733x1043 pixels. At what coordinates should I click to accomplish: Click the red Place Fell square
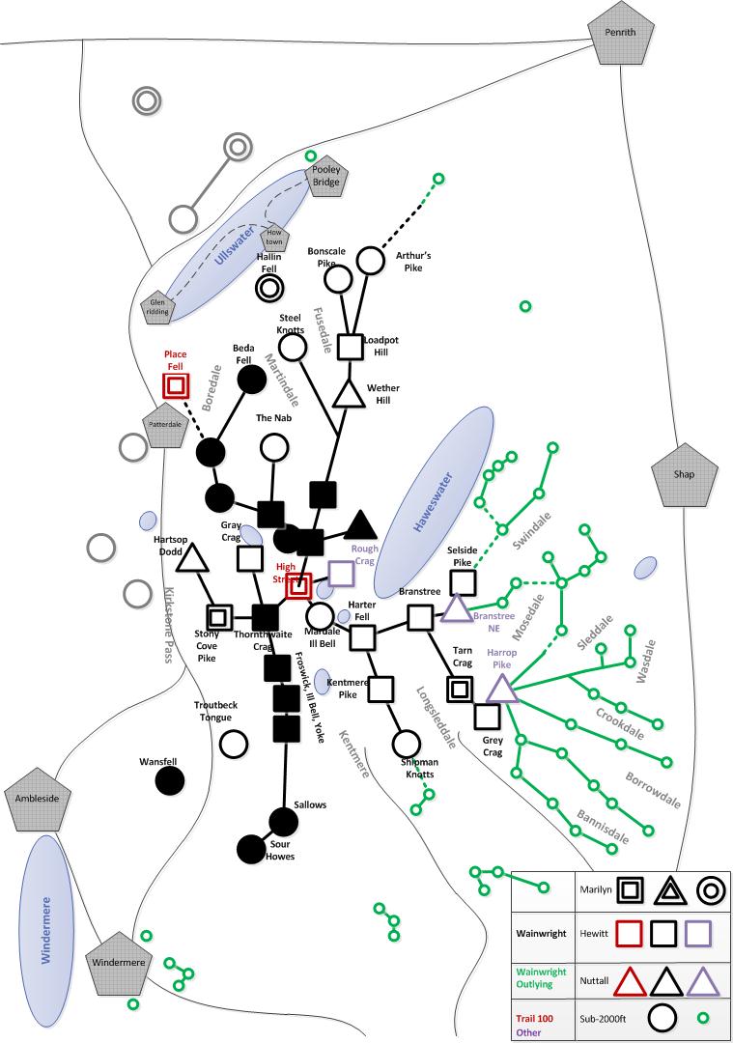[175, 385]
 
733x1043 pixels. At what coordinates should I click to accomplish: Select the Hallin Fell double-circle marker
[269, 287]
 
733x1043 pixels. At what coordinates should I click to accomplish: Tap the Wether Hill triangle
[346, 393]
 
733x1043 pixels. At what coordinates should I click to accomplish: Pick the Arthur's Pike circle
[371, 260]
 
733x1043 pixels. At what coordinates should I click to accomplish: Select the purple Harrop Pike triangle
[501, 688]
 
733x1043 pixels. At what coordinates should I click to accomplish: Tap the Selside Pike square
[463, 581]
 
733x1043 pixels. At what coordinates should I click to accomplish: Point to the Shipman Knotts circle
[407, 744]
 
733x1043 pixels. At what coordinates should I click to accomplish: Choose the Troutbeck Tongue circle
[233, 744]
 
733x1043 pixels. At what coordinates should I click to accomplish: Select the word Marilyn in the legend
[591, 888]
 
